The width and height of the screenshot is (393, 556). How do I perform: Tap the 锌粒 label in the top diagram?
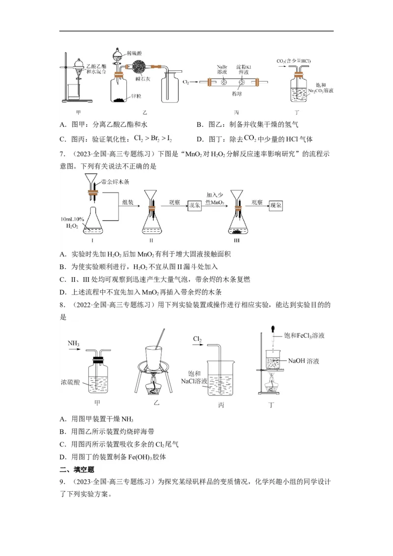136,97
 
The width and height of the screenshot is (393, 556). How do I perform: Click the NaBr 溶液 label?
222,69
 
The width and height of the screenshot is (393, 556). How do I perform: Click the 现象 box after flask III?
279,206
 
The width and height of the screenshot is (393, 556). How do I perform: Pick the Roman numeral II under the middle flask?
152,240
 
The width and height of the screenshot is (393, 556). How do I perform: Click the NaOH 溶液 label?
305,361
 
